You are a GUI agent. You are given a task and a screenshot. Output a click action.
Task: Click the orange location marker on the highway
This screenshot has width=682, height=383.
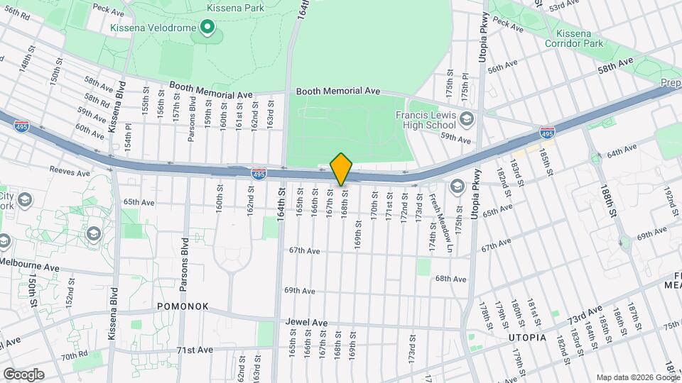[x=341, y=169]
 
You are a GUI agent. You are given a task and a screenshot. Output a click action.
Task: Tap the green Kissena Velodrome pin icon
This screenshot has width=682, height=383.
[x=207, y=28]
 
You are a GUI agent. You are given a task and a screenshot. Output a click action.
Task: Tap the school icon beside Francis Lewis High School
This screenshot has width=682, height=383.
[x=466, y=118]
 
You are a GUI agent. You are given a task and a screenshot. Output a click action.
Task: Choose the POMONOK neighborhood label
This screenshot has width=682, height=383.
[x=183, y=306]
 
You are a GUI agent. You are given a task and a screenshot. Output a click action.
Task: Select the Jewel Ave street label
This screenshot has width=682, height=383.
[x=306, y=322]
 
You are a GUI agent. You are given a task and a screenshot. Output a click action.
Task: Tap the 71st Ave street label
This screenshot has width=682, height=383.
[x=195, y=350]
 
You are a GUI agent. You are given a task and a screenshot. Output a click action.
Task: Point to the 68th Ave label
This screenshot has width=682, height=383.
[x=450, y=279]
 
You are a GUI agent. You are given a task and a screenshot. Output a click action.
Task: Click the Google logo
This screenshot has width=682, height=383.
[x=23, y=374]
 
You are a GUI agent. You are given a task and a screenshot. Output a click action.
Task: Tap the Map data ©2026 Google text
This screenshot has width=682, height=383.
[x=637, y=377]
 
